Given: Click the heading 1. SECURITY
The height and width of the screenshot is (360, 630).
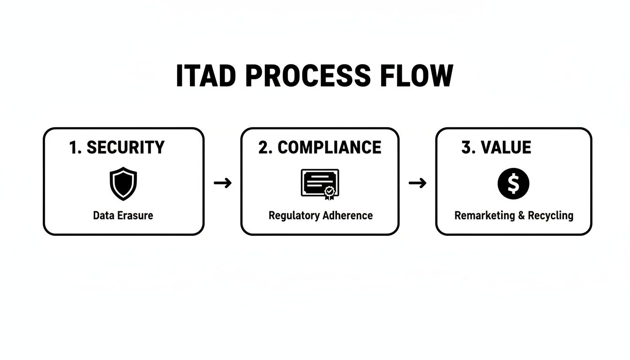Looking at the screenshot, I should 117,148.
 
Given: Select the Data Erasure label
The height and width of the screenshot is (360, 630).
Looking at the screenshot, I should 123,216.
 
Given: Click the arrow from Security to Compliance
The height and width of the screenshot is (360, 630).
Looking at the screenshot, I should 223,183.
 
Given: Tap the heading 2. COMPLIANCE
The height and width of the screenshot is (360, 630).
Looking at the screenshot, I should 320,148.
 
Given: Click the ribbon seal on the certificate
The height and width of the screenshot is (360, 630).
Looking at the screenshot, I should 330,192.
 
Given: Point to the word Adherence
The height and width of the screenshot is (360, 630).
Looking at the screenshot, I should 347,216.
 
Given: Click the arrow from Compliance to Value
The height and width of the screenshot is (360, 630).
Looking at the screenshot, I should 417,183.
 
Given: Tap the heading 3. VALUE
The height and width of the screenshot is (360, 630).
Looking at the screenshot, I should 496,148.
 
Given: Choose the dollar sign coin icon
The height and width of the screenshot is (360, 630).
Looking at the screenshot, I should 513,184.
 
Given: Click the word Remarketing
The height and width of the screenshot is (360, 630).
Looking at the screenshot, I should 485,216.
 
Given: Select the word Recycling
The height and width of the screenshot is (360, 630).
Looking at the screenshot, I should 550,216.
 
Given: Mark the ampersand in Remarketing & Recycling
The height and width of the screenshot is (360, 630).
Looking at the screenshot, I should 521,216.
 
